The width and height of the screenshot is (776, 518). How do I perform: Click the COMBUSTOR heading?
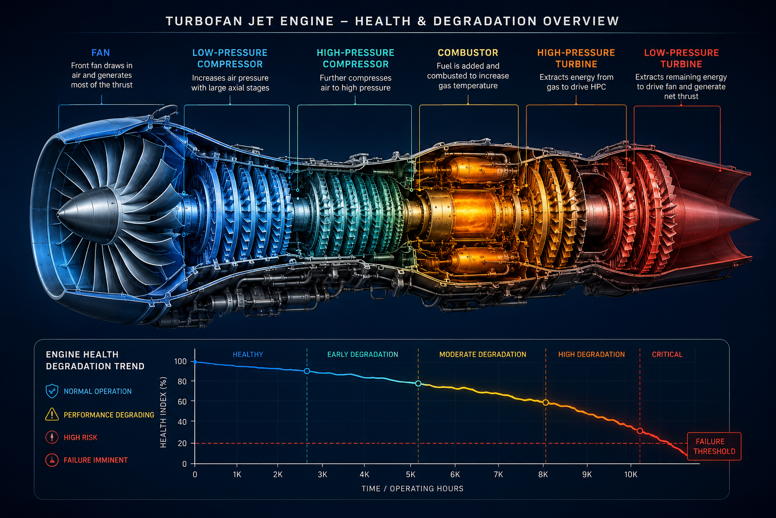point(468,53)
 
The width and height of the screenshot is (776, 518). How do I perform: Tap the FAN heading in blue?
point(101,53)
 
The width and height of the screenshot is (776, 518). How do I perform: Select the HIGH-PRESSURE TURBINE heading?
point(576,58)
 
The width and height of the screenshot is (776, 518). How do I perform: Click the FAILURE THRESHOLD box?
point(714,446)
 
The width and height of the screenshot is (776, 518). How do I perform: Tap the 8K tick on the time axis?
point(543,474)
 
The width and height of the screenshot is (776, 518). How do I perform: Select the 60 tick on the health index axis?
point(182,402)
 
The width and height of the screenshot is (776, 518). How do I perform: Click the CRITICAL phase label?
point(667,355)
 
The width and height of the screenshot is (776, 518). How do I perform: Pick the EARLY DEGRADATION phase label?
point(362,355)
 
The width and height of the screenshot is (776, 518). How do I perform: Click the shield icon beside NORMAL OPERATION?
point(52,391)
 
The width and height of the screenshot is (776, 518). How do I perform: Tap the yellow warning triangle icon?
point(52,414)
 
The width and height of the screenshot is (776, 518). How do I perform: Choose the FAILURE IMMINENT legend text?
point(95,460)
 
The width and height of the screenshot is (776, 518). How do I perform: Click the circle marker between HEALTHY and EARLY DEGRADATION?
point(307,371)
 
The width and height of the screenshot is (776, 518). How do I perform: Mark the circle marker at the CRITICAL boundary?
point(640,431)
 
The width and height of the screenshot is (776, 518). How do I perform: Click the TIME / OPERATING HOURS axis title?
point(412,489)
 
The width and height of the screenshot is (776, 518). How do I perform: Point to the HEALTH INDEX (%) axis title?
point(163,412)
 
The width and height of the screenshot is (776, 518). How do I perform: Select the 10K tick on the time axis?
point(630,474)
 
